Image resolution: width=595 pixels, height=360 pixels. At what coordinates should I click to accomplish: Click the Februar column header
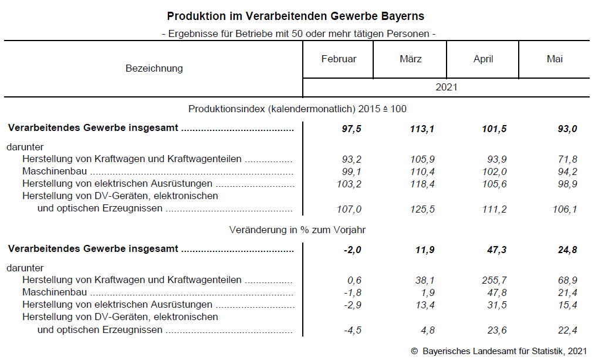(339, 59)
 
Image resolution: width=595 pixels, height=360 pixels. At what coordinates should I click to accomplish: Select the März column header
(411, 59)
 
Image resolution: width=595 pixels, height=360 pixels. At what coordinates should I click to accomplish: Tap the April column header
(483, 59)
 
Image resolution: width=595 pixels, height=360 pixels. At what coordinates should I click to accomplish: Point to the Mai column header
(555, 59)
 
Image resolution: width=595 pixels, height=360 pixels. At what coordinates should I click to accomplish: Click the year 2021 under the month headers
(446, 88)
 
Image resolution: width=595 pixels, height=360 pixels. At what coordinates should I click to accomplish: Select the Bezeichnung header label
(154, 69)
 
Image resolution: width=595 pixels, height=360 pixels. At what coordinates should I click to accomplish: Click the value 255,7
(494, 280)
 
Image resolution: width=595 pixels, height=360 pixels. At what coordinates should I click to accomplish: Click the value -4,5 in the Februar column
(352, 330)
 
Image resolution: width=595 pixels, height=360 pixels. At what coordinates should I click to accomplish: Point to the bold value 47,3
(494, 250)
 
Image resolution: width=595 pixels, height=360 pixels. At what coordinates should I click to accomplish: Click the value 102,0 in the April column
(494, 172)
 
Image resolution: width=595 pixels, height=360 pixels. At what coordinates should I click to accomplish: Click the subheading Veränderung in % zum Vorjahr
(297, 230)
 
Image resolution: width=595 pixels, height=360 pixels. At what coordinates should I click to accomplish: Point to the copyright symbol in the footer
(414, 351)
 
